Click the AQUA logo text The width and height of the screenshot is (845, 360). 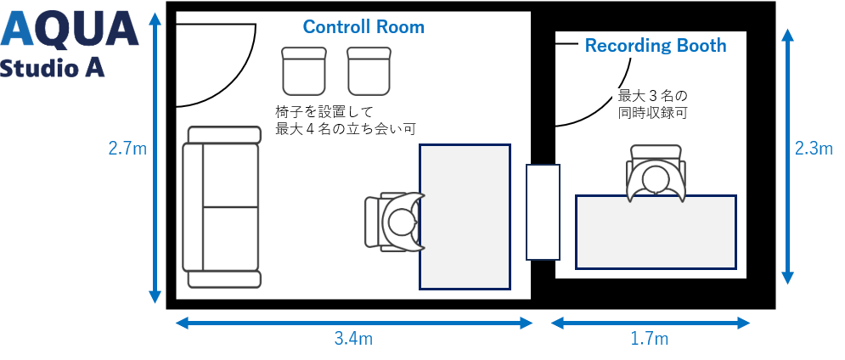[x=70, y=30]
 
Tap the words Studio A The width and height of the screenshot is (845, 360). [x=53, y=69]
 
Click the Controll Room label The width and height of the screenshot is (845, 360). [x=363, y=27]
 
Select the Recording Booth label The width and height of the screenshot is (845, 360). [x=656, y=46]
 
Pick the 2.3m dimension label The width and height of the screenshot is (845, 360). [x=813, y=149]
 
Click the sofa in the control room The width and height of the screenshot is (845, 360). [x=222, y=207]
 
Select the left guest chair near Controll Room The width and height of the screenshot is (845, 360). [x=303, y=70]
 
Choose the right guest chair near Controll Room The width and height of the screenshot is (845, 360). [x=369, y=70]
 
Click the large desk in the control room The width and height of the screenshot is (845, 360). [x=465, y=217]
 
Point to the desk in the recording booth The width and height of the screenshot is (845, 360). [x=656, y=232]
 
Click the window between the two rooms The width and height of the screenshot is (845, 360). [x=543, y=212]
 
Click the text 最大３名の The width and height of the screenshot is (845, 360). [x=651, y=94]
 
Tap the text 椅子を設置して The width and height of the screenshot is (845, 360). [x=324, y=112]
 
